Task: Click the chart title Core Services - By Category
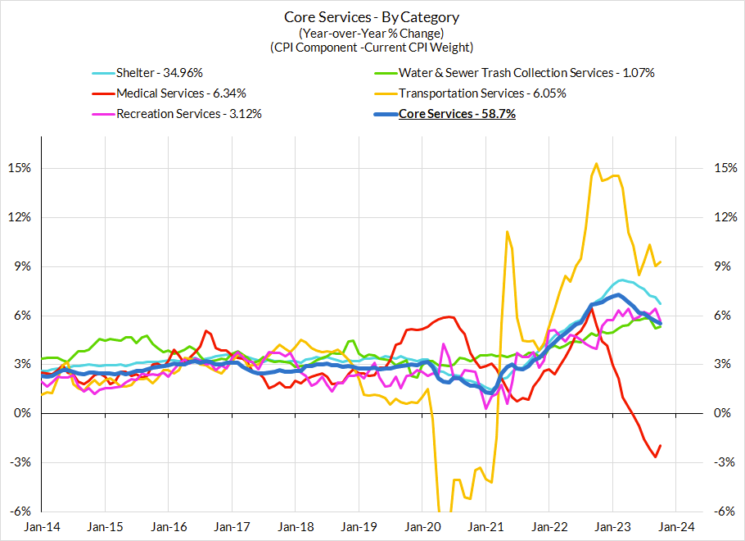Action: point(372,16)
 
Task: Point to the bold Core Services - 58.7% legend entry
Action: point(457,114)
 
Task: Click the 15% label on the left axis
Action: point(19,168)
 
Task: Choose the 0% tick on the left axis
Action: point(21,413)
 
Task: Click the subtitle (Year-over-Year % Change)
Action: point(372,33)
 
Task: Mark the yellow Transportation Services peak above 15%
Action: point(596,164)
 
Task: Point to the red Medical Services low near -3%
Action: point(656,457)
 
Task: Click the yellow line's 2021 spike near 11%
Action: point(508,232)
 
